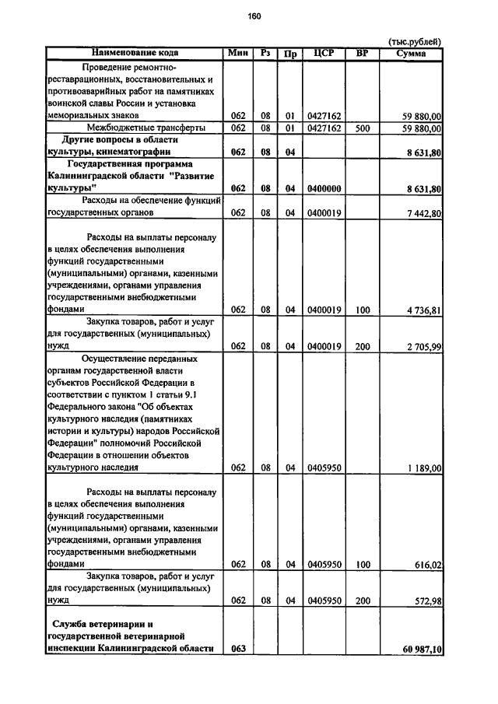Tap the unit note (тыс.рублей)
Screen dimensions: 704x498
(x=415, y=41)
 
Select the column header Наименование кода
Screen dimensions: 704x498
(x=135, y=53)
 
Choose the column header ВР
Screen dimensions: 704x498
(x=361, y=53)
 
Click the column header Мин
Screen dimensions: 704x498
(x=238, y=53)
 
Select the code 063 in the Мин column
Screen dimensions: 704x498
(x=238, y=649)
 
